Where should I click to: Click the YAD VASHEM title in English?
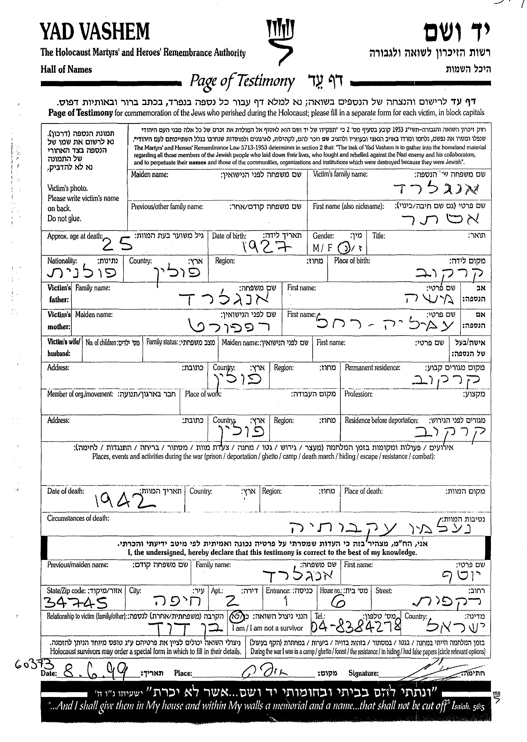[x=95, y=32]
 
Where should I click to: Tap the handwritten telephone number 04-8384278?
[x=356, y=626]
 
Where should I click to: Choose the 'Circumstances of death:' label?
[x=78, y=518]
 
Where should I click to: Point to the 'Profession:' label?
[x=358, y=394]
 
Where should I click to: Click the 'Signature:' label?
[x=363, y=673]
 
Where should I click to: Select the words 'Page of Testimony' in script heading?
[x=242, y=81]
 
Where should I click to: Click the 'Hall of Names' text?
[x=66, y=69]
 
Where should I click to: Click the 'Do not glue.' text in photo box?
[x=64, y=219]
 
